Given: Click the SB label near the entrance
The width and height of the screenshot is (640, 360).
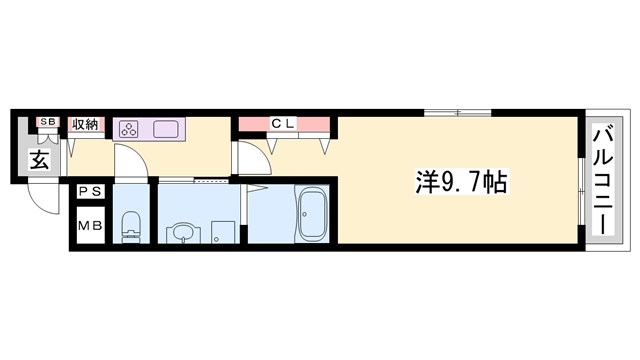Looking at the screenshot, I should point(46,123).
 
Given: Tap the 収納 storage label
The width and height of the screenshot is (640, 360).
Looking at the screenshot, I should point(85,124).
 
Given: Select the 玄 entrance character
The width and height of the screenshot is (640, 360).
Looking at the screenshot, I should point(38,160).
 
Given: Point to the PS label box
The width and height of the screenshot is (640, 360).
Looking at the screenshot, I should point(90,190).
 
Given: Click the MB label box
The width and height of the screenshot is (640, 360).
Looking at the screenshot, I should point(90,226).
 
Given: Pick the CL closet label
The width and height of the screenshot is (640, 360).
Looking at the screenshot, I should point(282,123).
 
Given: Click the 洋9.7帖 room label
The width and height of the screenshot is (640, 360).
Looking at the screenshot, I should point(461,183).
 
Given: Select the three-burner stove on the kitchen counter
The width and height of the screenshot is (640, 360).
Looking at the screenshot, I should point(130,128).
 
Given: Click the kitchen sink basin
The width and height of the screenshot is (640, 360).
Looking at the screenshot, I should point(165,128).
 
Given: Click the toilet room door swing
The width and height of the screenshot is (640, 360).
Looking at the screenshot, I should point(130,162).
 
